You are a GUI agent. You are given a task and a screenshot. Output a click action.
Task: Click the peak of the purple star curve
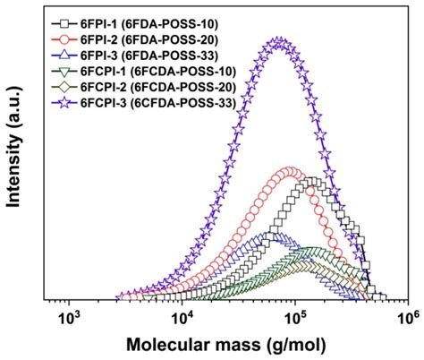[x=280, y=42]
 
